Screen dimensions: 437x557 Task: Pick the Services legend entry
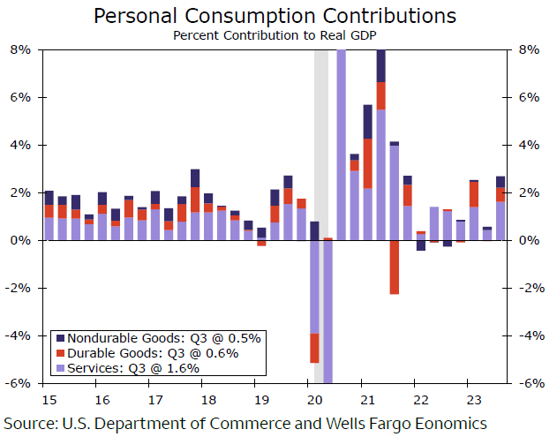tap(133, 368)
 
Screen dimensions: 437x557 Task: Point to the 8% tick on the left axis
tap(20, 50)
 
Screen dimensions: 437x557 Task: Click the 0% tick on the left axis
tap(20, 241)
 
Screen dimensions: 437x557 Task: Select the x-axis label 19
tap(255, 397)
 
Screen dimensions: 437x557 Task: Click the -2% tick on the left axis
tap(19, 289)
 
